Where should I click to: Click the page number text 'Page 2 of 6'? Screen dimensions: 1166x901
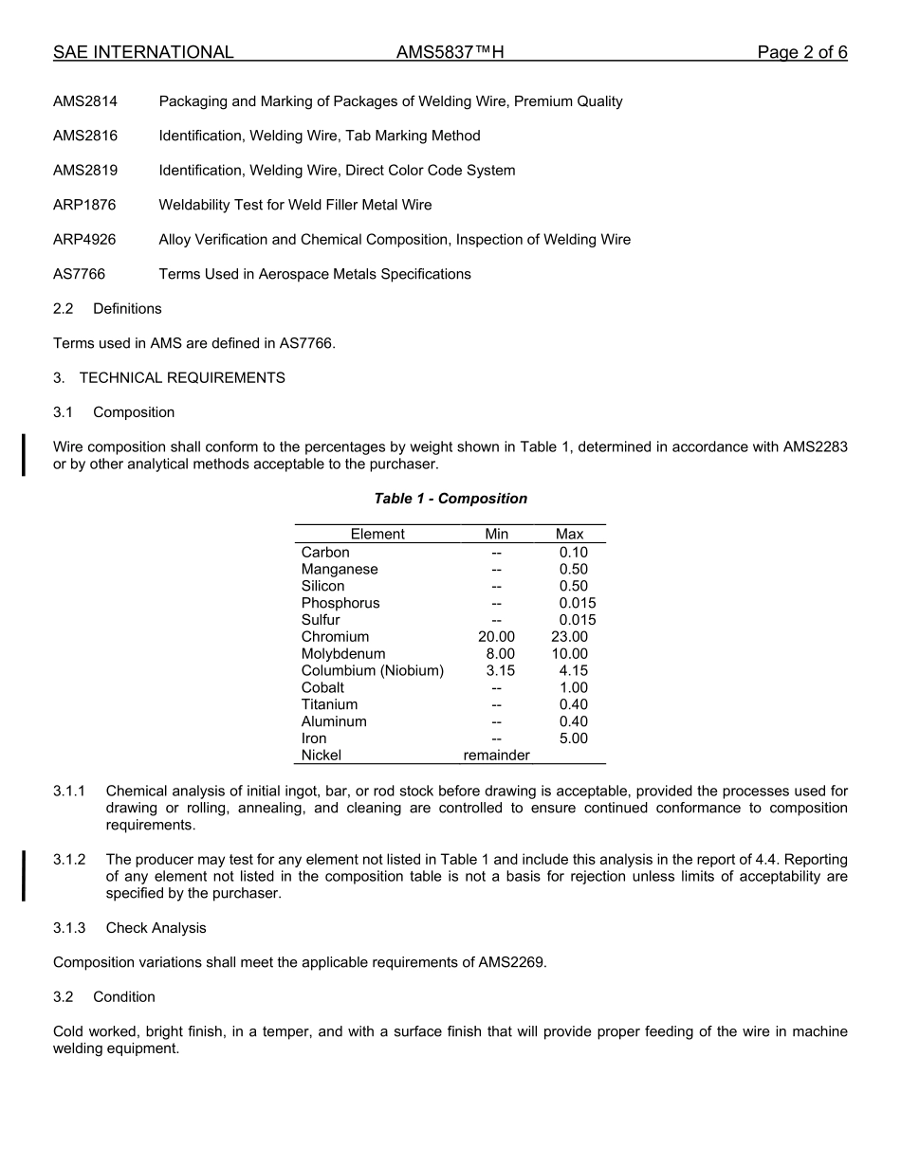801,53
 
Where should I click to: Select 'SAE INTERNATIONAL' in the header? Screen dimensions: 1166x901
143,53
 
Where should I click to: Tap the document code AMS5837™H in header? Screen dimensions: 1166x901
450,53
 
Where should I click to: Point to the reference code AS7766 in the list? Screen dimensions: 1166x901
79,274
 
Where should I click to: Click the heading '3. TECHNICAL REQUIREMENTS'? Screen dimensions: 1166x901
169,377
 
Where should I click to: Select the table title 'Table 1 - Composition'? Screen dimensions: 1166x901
450,499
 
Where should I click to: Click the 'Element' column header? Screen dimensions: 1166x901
377,534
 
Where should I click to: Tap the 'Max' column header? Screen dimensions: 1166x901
569,534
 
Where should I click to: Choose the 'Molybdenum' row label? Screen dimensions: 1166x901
343,654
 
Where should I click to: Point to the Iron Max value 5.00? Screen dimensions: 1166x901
573,738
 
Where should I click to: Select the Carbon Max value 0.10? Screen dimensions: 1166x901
573,553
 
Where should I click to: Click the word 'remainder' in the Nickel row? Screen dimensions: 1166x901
496,756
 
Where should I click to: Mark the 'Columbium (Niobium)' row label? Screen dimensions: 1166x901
373,671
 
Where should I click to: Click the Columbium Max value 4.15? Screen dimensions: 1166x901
573,671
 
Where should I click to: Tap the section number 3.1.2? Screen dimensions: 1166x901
69,860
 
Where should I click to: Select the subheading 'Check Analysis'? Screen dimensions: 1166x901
156,928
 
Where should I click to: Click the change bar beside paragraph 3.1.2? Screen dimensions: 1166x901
24,876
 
